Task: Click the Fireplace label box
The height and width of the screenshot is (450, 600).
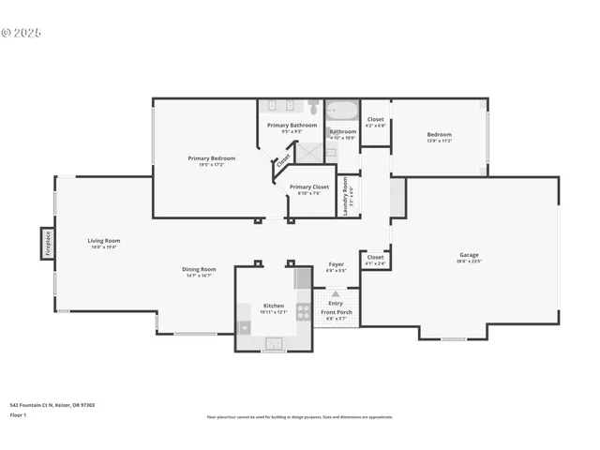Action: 48,243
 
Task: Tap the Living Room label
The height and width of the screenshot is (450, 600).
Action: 104,241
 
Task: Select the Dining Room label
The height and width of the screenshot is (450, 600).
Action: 199,270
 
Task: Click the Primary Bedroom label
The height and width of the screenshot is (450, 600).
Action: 211,158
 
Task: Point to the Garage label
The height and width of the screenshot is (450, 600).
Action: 469,254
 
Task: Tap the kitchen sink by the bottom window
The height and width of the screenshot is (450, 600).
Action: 273,344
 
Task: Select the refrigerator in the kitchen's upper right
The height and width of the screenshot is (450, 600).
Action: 303,277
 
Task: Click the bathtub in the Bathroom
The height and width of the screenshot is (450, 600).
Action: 342,111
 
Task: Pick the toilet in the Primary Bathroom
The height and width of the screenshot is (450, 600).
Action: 313,106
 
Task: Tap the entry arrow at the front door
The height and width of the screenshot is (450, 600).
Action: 336,293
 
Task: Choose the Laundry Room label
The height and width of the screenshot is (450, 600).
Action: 345,197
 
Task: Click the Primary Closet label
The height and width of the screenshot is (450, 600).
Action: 308,187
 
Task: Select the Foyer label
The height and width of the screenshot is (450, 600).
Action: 336,264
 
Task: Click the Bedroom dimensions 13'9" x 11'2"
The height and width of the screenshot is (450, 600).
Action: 439,141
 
